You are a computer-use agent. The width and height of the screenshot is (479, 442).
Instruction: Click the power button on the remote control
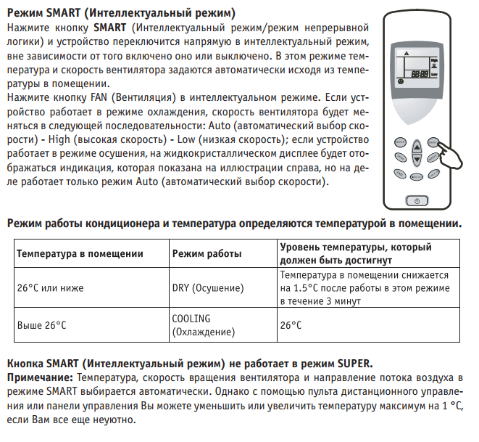coord(417,200)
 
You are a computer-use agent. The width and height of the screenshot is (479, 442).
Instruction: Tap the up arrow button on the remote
coord(417,147)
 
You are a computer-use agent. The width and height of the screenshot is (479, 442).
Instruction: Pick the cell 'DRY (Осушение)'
coord(207,288)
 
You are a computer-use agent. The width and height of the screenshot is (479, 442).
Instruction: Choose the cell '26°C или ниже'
coord(50,288)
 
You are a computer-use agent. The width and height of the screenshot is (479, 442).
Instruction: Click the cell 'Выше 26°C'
coord(41,325)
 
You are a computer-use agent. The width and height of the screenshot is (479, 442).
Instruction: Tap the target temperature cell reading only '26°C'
coord(291,325)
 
